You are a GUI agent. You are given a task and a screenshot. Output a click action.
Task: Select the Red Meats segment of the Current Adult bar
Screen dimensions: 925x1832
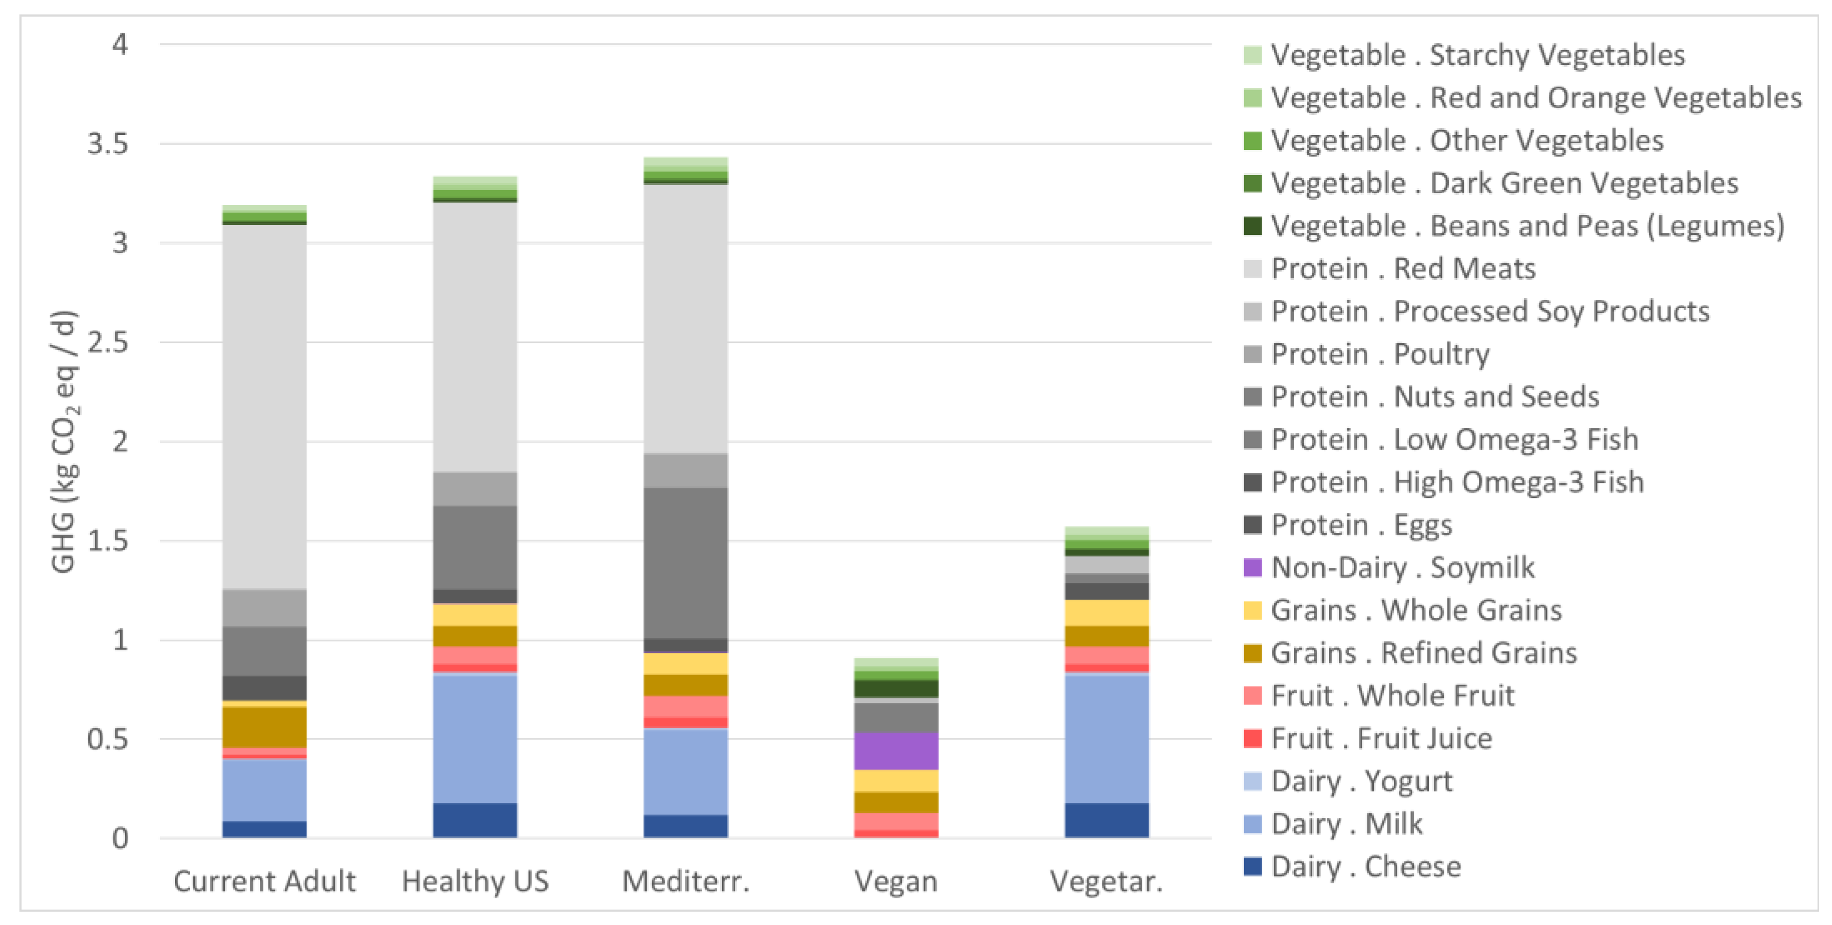pyautogui.click(x=264, y=406)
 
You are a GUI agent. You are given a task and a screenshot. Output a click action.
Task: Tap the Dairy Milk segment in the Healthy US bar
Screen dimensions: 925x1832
pyautogui.click(x=475, y=738)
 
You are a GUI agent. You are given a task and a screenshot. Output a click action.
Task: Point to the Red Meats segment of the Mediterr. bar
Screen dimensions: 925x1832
pyautogui.click(x=686, y=319)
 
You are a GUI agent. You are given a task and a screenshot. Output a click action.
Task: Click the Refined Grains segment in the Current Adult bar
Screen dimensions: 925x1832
pyautogui.click(x=264, y=727)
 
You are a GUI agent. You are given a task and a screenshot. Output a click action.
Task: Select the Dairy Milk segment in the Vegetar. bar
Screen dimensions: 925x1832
pyautogui.click(x=1107, y=738)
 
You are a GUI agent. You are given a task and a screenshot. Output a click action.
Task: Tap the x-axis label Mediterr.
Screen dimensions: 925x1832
pyautogui.click(x=686, y=882)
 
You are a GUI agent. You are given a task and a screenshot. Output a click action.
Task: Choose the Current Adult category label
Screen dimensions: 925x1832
pyautogui.click(x=264, y=882)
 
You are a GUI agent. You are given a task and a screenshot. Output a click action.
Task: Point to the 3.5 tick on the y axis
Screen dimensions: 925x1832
pyautogui.click(x=108, y=144)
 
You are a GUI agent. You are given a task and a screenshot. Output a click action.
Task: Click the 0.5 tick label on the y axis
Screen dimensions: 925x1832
pyautogui.click(x=108, y=740)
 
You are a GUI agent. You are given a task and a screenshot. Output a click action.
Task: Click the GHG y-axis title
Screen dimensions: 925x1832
pyautogui.click(x=64, y=441)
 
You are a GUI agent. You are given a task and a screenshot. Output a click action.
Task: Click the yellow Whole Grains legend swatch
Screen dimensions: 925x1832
pyautogui.click(x=1252, y=610)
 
